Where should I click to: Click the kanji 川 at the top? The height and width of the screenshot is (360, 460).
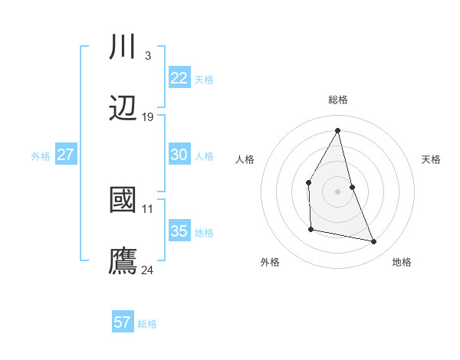coord(123,47)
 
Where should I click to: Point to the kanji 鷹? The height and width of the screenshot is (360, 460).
coord(123,260)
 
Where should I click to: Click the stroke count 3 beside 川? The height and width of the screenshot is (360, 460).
coord(147,56)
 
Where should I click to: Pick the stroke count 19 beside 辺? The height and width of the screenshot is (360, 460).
coord(148,117)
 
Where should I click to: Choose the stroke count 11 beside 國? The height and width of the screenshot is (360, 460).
coord(148,208)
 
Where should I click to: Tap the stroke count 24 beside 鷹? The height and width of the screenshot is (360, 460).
coord(148,270)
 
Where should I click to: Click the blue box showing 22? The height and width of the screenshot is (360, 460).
coord(179,78)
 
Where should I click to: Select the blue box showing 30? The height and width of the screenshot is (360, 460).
coord(179,155)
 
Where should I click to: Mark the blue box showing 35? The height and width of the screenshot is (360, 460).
coord(179,231)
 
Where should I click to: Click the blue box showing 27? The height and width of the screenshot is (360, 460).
coord(65,155)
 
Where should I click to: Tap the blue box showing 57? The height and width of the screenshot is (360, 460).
coord(123,322)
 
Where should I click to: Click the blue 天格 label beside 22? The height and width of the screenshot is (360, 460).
coord(204,80)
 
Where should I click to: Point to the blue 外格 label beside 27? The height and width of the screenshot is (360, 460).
coord(41,156)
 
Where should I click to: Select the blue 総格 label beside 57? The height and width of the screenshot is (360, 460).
coord(147,324)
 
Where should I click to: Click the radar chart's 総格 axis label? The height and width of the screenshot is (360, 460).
coord(338,100)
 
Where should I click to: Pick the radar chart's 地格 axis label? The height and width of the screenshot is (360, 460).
coord(402,262)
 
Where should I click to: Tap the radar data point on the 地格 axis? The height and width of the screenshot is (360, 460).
coord(374,242)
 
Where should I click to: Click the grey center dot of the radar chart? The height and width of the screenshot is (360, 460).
coord(338,191)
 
